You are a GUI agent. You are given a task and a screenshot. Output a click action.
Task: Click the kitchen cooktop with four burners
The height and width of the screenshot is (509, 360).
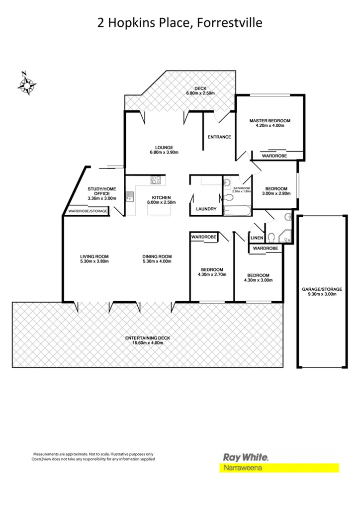pyautogui.click(x=156, y=180)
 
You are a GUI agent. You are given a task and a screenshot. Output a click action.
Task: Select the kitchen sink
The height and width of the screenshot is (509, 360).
pyautogui.click(x=130, y=195)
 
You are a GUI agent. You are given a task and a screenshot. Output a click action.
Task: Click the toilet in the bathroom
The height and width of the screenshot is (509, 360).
pyautogui.click(x=229, y=198)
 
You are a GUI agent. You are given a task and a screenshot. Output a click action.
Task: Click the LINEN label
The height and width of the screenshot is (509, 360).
pyautogui.click(x=257, y=238)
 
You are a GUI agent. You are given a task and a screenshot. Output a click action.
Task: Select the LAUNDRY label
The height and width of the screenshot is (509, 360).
pyautogui.click(x=206, y=209)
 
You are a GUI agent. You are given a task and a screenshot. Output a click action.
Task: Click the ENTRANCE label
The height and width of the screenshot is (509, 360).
pyautogui.click(x=219, y=137)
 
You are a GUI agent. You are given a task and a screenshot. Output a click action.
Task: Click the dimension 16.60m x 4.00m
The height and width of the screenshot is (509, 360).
pyautogui.click(x=148, y=343)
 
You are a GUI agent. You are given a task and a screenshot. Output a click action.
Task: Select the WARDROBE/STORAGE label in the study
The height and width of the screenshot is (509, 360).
pyautogui.click(x=88, y=211)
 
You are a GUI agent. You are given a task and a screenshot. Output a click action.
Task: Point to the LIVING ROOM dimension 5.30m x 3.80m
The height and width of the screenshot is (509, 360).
pyautogui.click(x=94, y=261)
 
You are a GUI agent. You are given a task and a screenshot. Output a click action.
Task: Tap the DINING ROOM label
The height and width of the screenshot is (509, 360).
pyautogui.click(x=157, y=256)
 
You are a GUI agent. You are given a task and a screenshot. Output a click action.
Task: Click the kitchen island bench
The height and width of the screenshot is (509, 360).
pyautogui.click(x=159, y=210)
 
